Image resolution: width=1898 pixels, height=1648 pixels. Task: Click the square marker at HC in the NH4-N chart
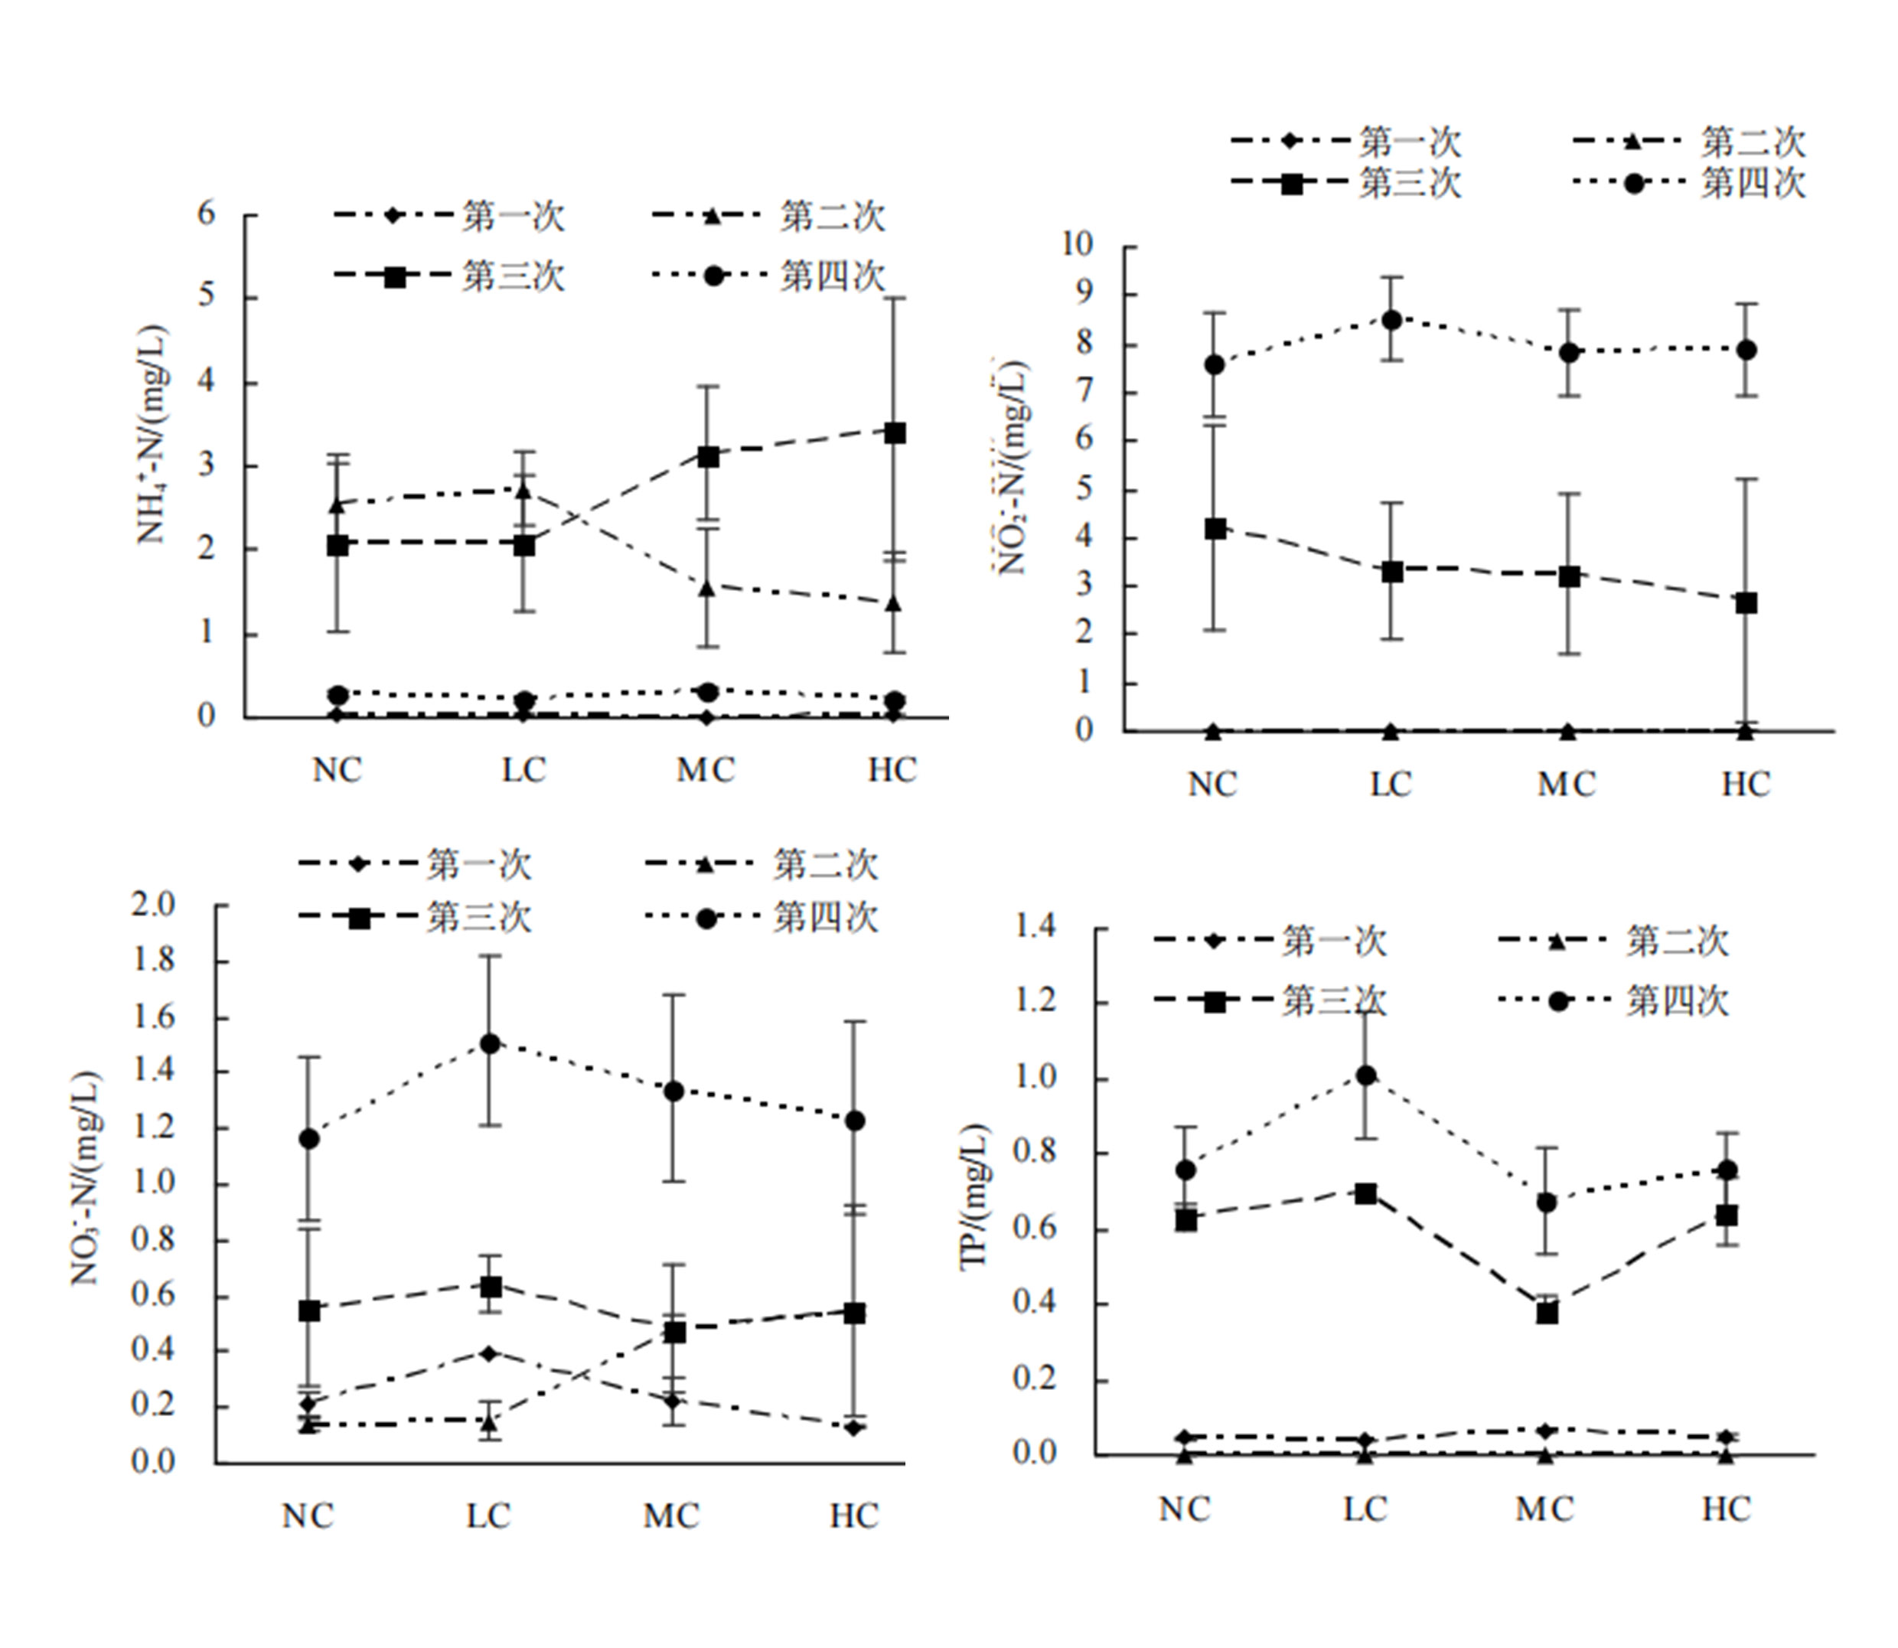click(893, 432)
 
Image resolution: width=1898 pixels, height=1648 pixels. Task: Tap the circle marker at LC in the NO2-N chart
click(1391, 320)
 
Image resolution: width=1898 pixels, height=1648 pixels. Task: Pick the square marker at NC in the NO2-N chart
click(1215, 529)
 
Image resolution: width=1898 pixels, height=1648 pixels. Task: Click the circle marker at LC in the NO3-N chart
click(490, 1044)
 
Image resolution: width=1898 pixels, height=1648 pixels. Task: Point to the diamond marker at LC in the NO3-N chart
click(489, 1353)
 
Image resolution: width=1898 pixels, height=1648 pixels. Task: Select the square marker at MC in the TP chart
click(1547, 1314)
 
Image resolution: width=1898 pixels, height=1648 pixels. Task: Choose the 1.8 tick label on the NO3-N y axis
click(152, 961)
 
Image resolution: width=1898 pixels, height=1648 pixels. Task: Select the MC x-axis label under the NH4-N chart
click(706, 770)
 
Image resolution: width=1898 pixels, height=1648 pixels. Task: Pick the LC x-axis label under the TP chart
click(1365, 1509)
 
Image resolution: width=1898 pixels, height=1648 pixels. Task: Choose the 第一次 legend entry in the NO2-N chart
click(1410, 142)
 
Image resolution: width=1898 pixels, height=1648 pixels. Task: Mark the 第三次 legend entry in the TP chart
click(1333, 1000)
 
